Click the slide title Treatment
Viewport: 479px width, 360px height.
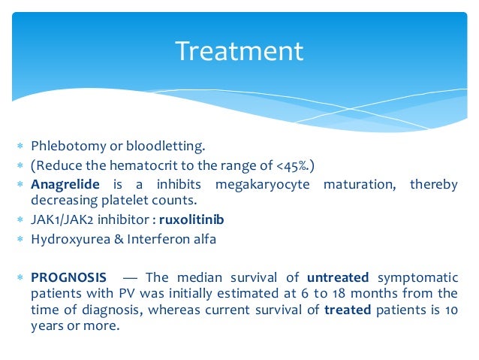239,51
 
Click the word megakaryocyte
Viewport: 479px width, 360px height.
262,184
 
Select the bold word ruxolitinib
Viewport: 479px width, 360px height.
191,219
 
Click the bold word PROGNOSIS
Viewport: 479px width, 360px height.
68,277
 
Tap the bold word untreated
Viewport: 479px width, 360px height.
338,277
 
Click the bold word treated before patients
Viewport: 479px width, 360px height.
347,309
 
